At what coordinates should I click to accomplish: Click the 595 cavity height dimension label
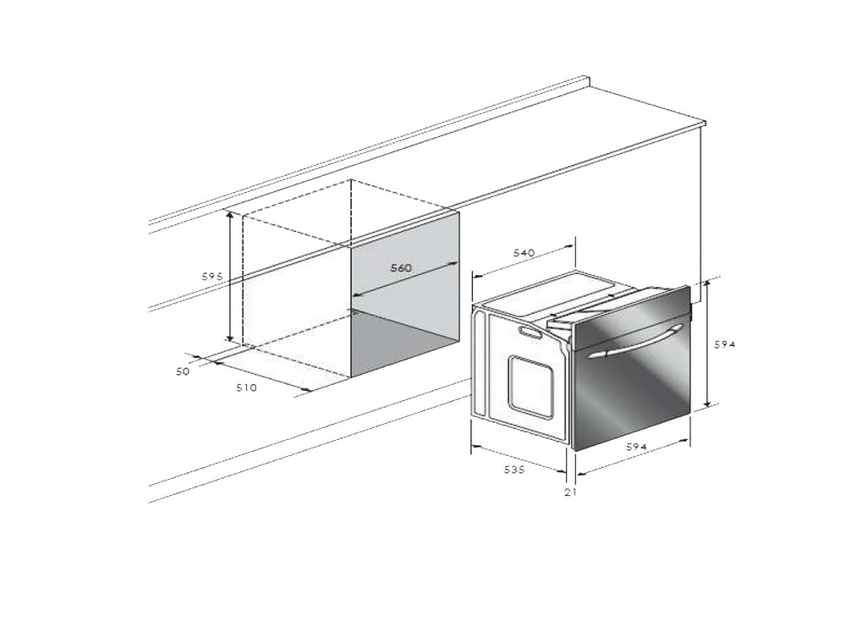point(212,277)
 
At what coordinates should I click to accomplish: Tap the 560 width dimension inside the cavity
point(401,267)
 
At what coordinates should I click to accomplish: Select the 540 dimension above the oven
point(524,252)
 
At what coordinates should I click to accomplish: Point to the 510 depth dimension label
point(246,387)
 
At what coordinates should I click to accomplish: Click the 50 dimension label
point(183,371)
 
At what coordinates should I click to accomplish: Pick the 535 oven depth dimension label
point(514,470)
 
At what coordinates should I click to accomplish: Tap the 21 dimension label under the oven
point(570,492)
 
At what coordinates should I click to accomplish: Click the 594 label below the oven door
point(636,447)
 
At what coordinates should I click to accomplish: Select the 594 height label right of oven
point(725,344)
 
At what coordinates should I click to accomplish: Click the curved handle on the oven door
point(637,340)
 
